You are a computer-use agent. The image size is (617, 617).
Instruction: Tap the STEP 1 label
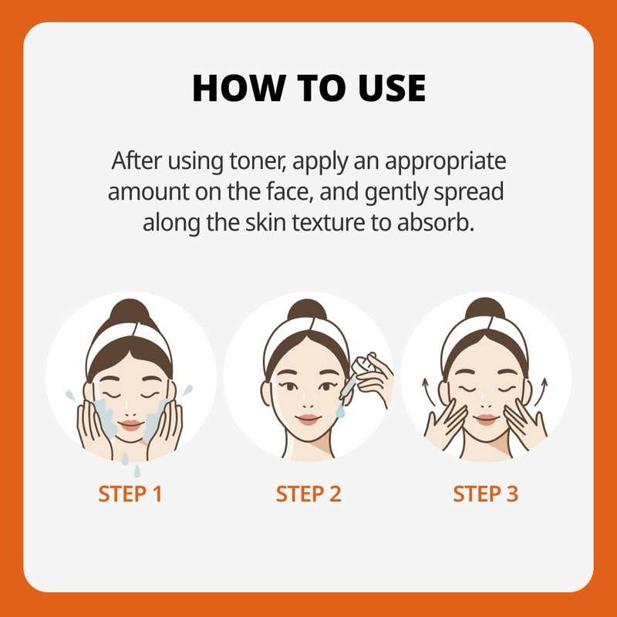[130, 494]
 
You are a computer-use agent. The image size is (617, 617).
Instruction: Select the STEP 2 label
[308, 494]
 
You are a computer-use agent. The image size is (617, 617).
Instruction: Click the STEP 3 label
[486, 494]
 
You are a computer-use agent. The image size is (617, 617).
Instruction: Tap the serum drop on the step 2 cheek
[340, 411]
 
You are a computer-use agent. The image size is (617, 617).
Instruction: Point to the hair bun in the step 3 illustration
[485, 308]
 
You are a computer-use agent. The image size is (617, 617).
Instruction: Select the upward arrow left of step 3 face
[429, 392]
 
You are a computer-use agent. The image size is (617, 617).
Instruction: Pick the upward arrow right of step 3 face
[541, 392]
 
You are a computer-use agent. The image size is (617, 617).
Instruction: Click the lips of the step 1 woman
[130, 426]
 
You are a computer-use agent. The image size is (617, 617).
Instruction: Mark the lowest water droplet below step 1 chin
[137, 471]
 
